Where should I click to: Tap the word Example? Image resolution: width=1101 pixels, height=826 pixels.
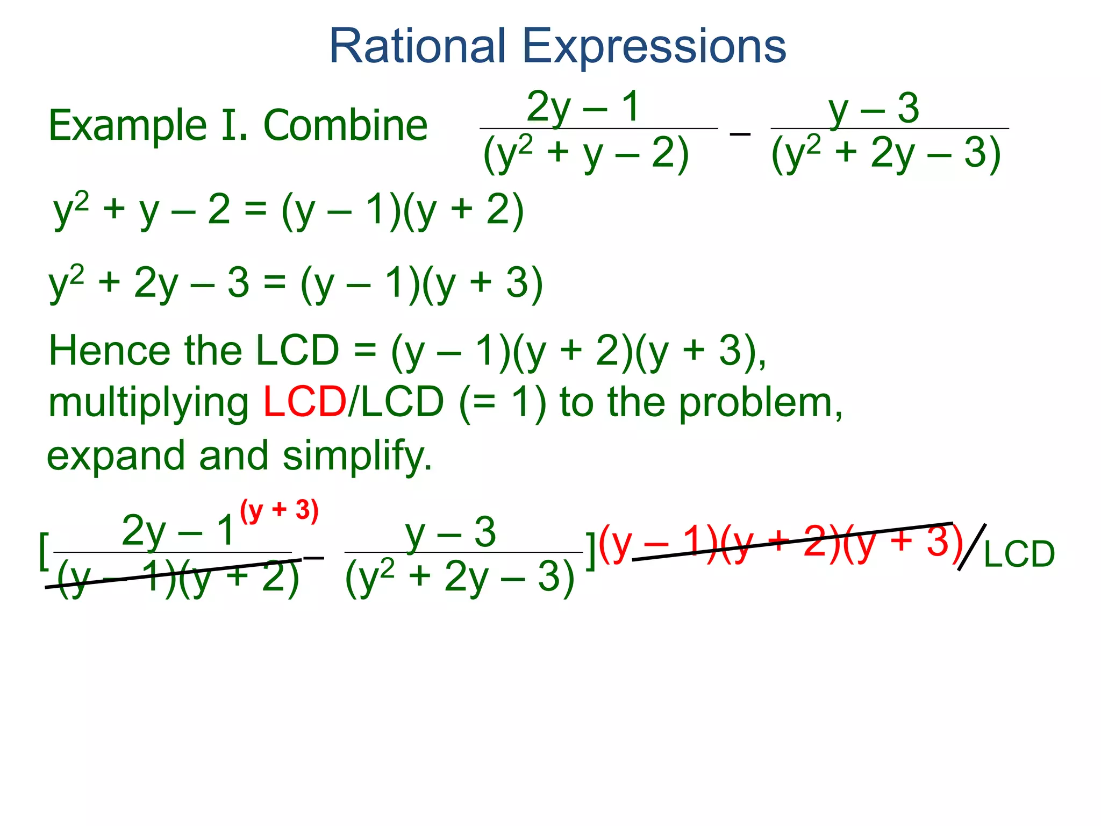coord(128,126)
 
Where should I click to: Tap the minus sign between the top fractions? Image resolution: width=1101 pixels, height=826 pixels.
coord(740,132)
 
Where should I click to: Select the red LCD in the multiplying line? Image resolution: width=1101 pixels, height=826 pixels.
coord(305,402)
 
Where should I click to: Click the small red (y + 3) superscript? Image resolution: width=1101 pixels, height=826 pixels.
coord(279,510)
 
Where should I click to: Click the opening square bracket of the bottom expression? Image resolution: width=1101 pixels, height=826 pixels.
coord(44,551)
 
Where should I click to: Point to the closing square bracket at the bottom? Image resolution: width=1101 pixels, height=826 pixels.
coord(590,551)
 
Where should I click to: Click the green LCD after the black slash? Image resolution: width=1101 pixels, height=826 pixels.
coord(1019,554)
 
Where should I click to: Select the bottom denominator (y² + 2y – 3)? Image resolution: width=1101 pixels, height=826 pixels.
coord(460,578)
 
